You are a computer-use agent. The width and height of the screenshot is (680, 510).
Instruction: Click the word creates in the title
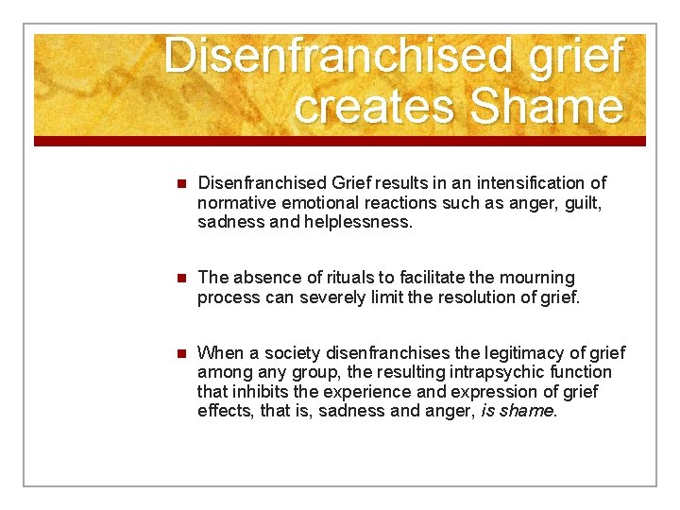click(x=375, y=106)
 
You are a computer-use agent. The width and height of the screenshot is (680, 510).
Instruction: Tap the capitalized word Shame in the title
click(x=546, y=106)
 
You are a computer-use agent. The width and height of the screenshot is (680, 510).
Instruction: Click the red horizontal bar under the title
click(x=340, y=141)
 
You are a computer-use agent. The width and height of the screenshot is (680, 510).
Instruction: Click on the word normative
click(x=237, y=202)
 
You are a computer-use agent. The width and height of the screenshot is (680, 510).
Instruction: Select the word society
click(x=284, y=352)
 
